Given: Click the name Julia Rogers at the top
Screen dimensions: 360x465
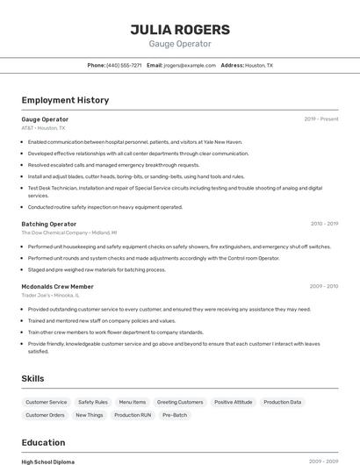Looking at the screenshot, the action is (180, 29).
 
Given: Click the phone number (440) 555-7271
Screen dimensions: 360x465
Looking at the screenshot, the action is (124, 65).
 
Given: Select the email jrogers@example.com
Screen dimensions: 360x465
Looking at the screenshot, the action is (190, 65).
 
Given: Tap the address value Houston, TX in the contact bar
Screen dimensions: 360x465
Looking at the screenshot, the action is (259, 65).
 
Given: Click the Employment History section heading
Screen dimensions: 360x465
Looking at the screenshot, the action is (65, 100).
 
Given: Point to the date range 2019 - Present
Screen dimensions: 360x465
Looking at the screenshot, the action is (321, 119).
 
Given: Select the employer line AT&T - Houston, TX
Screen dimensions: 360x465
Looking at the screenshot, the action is (43, 128).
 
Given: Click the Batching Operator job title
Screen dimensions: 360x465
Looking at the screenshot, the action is (48, 224).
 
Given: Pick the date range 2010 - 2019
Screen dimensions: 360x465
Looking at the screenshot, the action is (324, 224).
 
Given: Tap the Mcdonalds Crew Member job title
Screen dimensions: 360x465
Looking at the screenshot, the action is (57, 286).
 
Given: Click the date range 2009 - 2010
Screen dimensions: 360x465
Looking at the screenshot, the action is (324, 286).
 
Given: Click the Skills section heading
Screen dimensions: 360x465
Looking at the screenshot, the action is (33, 378).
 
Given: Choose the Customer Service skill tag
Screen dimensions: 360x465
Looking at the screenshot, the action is (46, 402).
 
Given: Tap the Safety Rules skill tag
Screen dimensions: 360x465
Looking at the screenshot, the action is (93, 402).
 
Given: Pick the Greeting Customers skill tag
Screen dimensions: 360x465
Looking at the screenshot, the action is (180, 402).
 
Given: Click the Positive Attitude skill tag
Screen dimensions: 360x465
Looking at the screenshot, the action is (233, 402).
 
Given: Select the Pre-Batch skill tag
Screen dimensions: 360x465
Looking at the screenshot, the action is (174, 415).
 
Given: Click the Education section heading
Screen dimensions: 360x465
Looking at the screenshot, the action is (43, 442).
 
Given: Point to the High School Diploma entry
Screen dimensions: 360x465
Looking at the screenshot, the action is (48, 461).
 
